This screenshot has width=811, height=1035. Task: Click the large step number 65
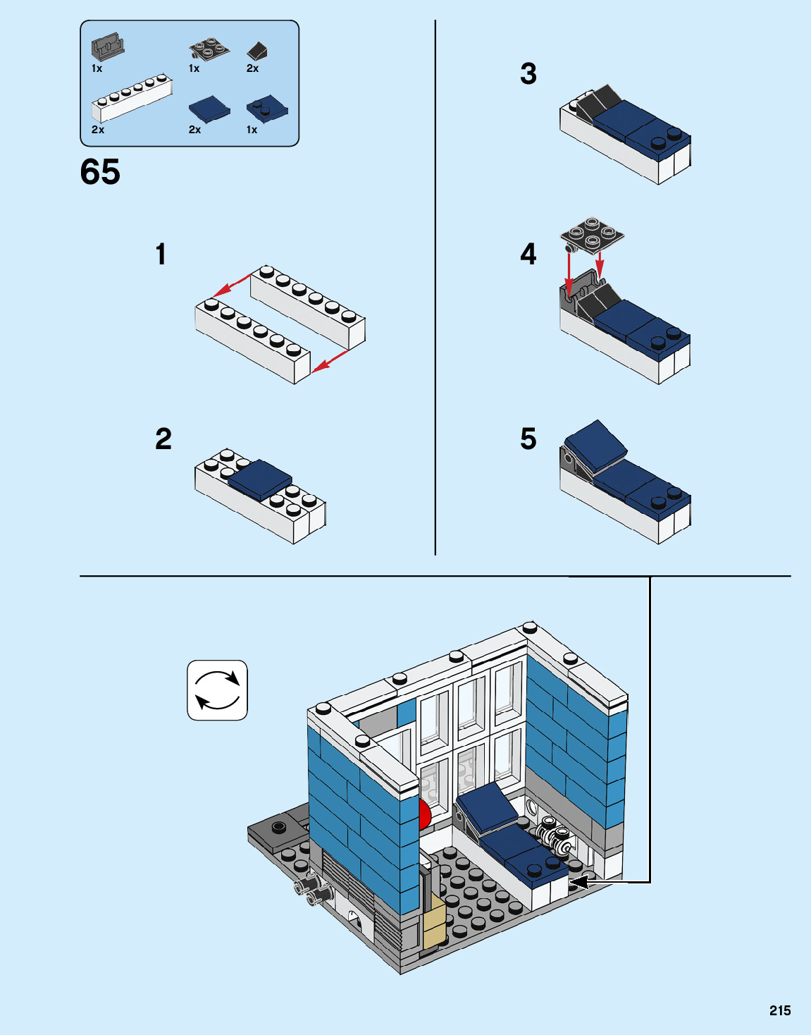(x=100, y=172)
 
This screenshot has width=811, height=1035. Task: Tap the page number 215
(x=779, y=1010)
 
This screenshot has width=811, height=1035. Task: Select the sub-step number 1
(x=161, y=255)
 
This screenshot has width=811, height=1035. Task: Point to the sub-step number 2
(x=163, y=439)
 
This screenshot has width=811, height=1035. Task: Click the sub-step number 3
(x=528, y=74)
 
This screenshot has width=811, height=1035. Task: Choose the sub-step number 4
(x=528, y=255)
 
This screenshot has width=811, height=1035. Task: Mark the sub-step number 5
(x=528, y=439)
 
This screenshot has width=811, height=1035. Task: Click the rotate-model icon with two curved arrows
(x=217, y=690)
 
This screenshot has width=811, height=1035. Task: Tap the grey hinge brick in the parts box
(x=107, y=47)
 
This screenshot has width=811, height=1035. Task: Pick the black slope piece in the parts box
(x=256, y=51)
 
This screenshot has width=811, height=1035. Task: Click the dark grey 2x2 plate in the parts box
(x=209, y=50)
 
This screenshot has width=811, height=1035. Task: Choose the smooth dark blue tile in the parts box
(x=209, y=109)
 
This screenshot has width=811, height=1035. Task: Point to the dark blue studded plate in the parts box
(x=267, y=109)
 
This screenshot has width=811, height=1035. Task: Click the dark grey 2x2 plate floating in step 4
(x=592, y=234)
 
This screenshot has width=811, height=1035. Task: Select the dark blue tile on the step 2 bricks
(x=260, y=479)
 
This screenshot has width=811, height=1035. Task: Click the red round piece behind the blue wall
(x=424, y=815)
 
